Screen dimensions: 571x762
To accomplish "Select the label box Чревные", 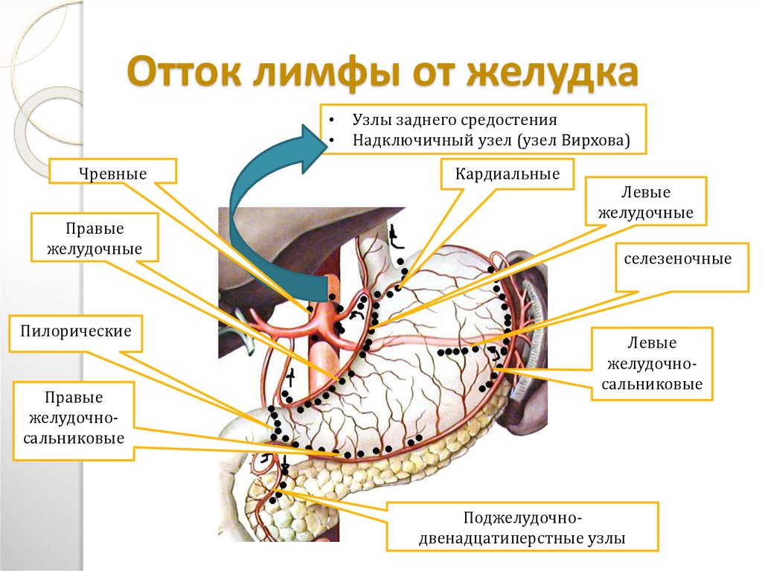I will pyautogui.click(x=113, y=173).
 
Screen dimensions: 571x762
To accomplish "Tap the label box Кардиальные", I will pyautogui.click(x=508, y=175).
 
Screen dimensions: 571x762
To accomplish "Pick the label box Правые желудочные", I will pyautogui.click(x=95, y=237).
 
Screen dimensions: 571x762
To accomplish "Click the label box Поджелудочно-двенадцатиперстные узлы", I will pyautogui.click(x=522, y=527).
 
